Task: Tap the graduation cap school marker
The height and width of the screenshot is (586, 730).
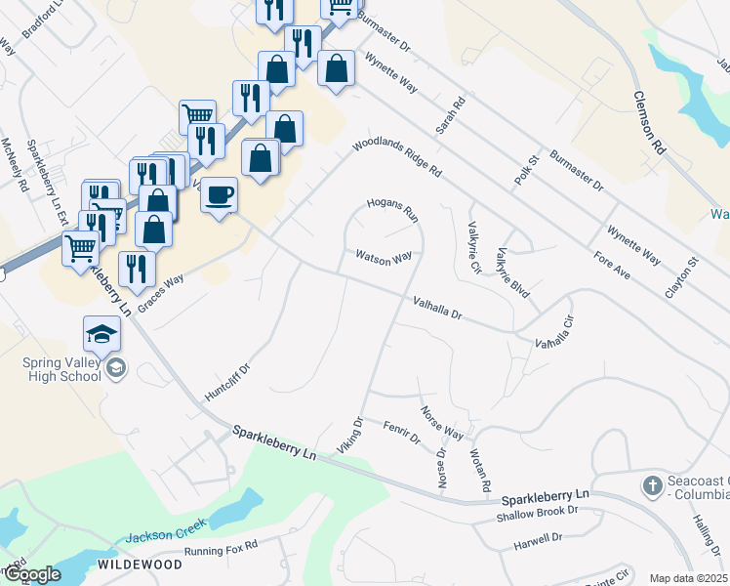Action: (101, 334)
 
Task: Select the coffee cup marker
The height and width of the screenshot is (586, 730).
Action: (219, 193)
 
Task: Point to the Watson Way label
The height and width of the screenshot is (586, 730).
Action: (383, 258)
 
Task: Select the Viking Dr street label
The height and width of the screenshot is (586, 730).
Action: (350, 435)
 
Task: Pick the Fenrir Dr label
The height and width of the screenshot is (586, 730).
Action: (401, 433)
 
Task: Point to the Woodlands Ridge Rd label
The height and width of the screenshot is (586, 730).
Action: (397, 156)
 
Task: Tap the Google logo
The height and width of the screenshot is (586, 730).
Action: (31, 574)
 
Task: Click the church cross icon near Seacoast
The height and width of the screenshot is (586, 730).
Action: (652, 485)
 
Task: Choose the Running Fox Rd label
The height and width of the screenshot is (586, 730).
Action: (222, 552)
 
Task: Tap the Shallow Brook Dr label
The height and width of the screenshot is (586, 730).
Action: (530, 516)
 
